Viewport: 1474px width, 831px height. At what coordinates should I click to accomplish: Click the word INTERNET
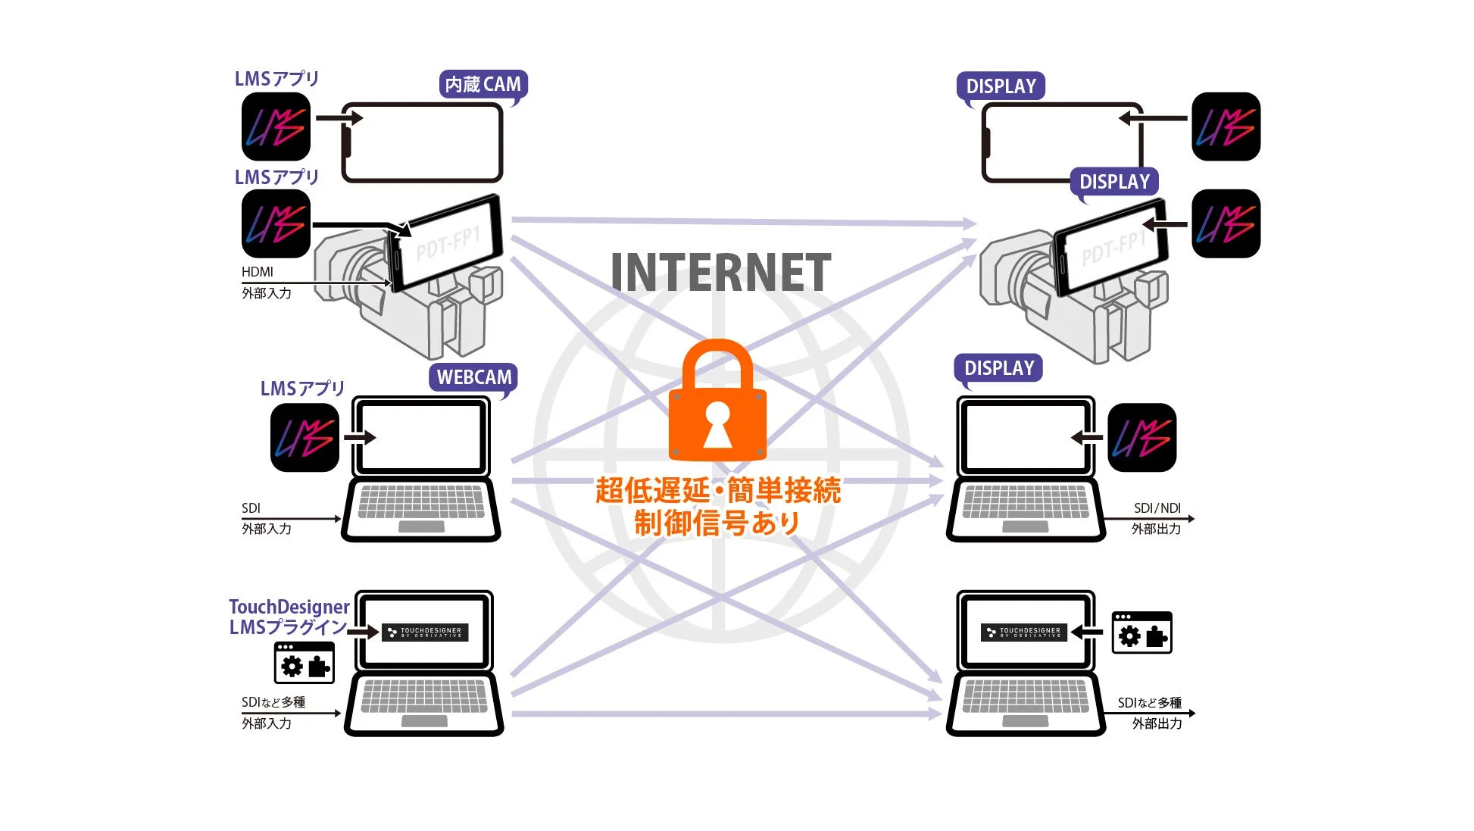coord(720,273)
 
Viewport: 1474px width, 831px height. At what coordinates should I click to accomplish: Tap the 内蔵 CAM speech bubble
coord(482,85)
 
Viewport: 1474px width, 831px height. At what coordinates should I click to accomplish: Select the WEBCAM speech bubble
coord(474,377)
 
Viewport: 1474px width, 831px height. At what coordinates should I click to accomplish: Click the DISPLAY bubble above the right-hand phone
coord(1001,86)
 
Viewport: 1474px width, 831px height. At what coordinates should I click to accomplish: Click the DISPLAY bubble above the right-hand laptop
coord(998,368)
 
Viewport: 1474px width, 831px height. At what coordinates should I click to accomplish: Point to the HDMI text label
coord(258,272)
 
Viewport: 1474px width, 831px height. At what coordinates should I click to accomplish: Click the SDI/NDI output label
coord(1157,508)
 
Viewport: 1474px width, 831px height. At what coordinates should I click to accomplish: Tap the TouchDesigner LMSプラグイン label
coord(289,617)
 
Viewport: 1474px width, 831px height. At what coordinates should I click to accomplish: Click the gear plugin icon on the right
coord(1141,633)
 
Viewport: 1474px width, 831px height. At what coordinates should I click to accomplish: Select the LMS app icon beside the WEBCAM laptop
coord(304,438)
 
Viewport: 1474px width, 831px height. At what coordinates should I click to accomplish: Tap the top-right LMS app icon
coord(1226,127)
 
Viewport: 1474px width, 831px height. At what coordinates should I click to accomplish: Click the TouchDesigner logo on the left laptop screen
coord(425,633)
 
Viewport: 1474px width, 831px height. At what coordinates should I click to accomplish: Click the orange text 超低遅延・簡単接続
coord(717,491)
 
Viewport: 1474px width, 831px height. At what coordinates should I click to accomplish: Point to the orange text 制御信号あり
coord(717,523)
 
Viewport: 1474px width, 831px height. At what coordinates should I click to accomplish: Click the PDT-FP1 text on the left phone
coord(448,244)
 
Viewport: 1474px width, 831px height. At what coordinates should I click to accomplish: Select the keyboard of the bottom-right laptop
coord(1025,695)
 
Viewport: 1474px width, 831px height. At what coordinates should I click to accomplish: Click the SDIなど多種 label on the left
coord(273,702)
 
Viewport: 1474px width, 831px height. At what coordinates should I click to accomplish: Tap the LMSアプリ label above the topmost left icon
coord(276,79)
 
